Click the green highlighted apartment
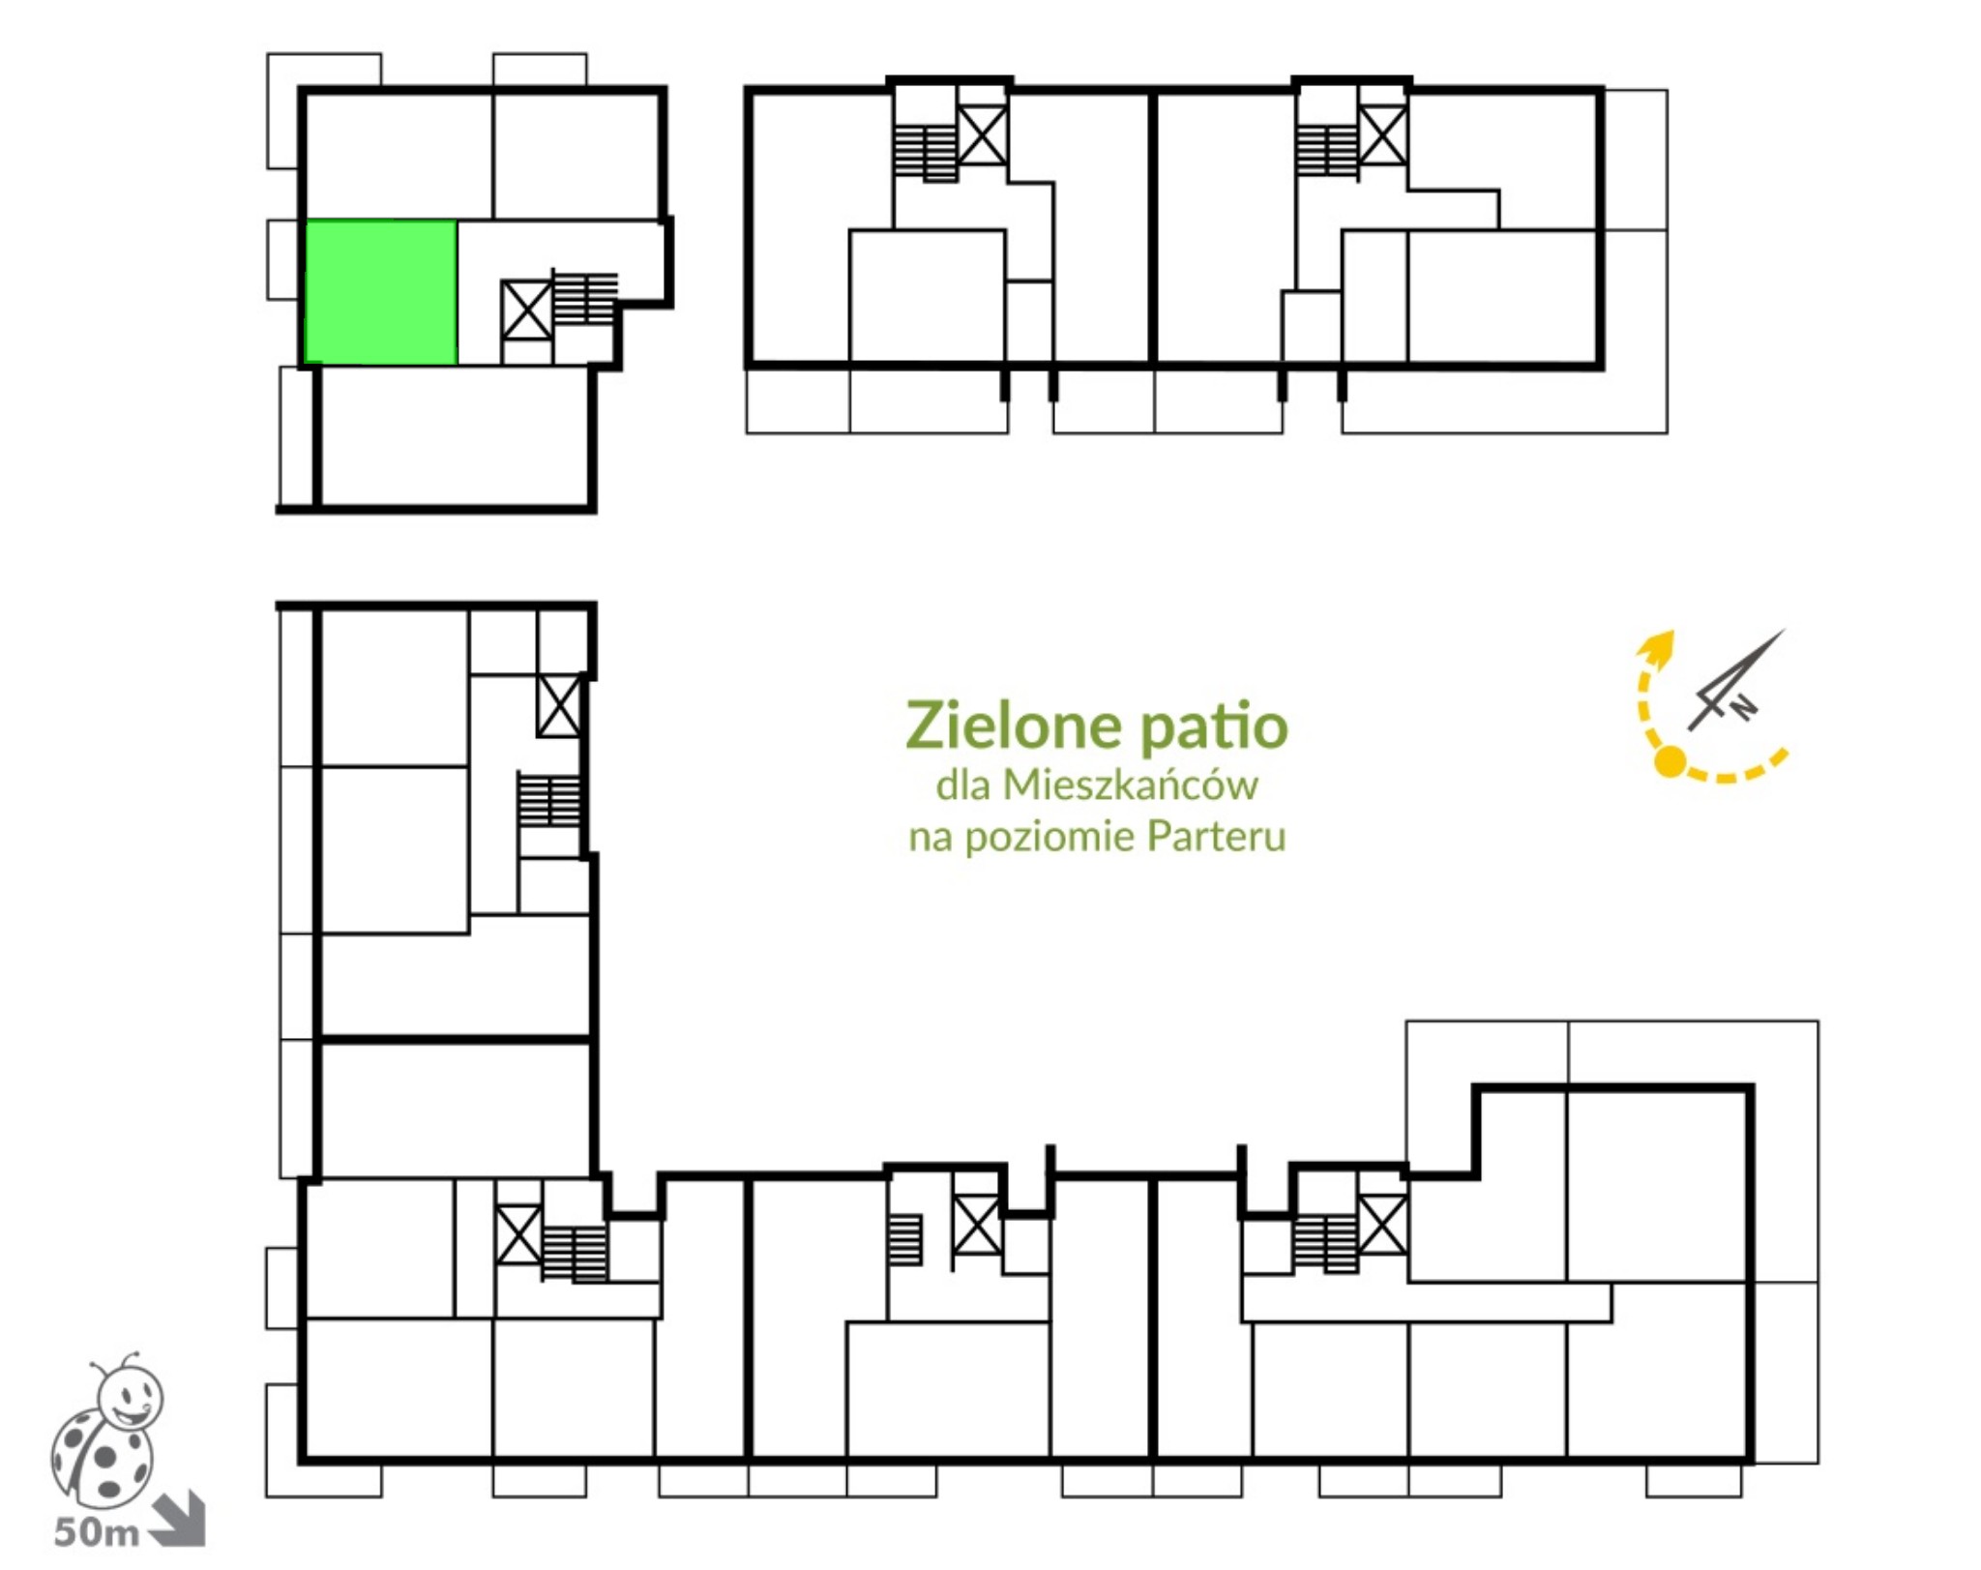coord(380,292)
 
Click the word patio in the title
coord(1214,727)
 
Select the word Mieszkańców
coord(1130,785)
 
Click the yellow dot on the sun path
coord(1670,762)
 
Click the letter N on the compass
coord(1742,707)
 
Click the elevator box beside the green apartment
coord(526,311)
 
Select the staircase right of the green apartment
coord(585,298)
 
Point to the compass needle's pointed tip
coord(1785,630)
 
